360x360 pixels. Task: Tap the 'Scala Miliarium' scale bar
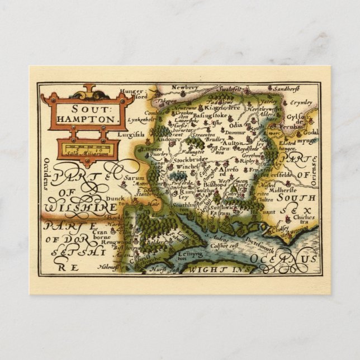[89, 149]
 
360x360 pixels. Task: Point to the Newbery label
[184, 88]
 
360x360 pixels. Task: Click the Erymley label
[304, 103]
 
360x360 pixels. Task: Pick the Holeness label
[110, 269]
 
